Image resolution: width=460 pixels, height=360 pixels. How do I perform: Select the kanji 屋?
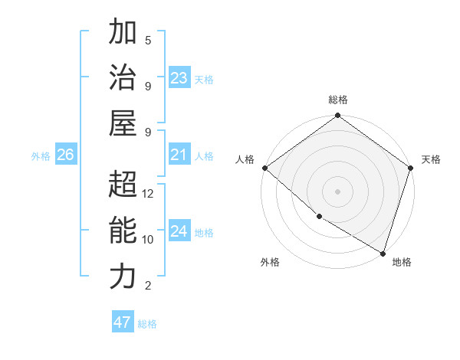(x=122, y=123)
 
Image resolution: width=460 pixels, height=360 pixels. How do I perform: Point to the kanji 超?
(x=122, y=185)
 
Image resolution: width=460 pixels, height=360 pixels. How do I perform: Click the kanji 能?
(x=122, y=231)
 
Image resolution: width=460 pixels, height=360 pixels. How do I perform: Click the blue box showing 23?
(x=179, y=78)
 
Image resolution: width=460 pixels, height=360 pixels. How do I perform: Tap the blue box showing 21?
(x=179, y=155)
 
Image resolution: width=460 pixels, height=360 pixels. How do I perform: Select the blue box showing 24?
(x=179, y=231)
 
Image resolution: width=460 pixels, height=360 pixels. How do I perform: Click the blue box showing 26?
(x=65, y=155)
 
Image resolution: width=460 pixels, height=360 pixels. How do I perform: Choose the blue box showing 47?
(x=122, y=322)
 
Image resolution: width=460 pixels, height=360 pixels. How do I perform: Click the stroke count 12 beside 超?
(x=148, y=194)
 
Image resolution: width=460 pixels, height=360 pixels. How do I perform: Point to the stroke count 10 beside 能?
(x=148, y=240)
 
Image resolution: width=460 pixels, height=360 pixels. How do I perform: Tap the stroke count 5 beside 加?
(x=148, y=40)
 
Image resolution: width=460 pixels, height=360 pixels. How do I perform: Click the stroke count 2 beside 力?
(x=148, y=286)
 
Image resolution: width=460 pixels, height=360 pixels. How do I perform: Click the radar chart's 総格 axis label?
(x=338, y=100)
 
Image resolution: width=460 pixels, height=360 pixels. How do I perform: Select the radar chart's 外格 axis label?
(x=270, y=262)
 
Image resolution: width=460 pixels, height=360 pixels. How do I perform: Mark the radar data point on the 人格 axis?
(x=264, y=168)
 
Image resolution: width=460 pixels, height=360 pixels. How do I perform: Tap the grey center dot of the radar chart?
(x=338, y=191)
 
